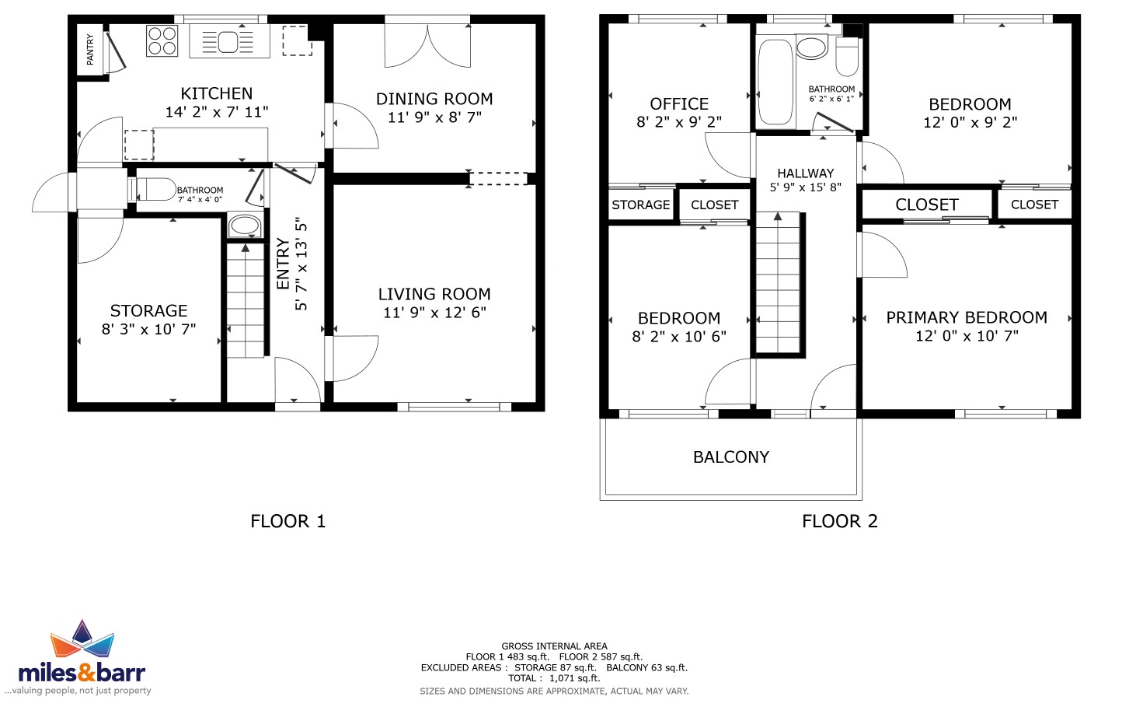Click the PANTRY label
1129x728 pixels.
tap(90, 50)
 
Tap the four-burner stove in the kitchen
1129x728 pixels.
tap(162, 41)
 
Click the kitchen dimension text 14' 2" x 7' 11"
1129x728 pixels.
tap(217, 112)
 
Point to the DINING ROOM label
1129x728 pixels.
tap(434, 99)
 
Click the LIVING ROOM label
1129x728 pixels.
tap(434, 294)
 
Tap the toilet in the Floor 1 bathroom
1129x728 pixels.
tap(152, 189)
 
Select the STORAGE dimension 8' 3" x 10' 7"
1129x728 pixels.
tap(148, 330)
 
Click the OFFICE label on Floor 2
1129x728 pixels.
tap(679, 104)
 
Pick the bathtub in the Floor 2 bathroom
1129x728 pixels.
tap(775, 82)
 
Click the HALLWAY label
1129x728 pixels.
tap(806, 173)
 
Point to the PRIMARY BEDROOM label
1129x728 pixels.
tap(967, 317)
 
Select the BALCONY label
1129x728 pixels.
tap(731, 457)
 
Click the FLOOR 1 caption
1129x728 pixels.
tap(288, 521)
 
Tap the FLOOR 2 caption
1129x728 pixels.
tap(840, 521)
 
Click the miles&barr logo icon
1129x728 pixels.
tap(82, 639)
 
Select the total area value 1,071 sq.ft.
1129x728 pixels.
tap(574, 678)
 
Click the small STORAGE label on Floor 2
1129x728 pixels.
tap(640, 205)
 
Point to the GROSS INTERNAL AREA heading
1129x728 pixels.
tap(555, 646)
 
